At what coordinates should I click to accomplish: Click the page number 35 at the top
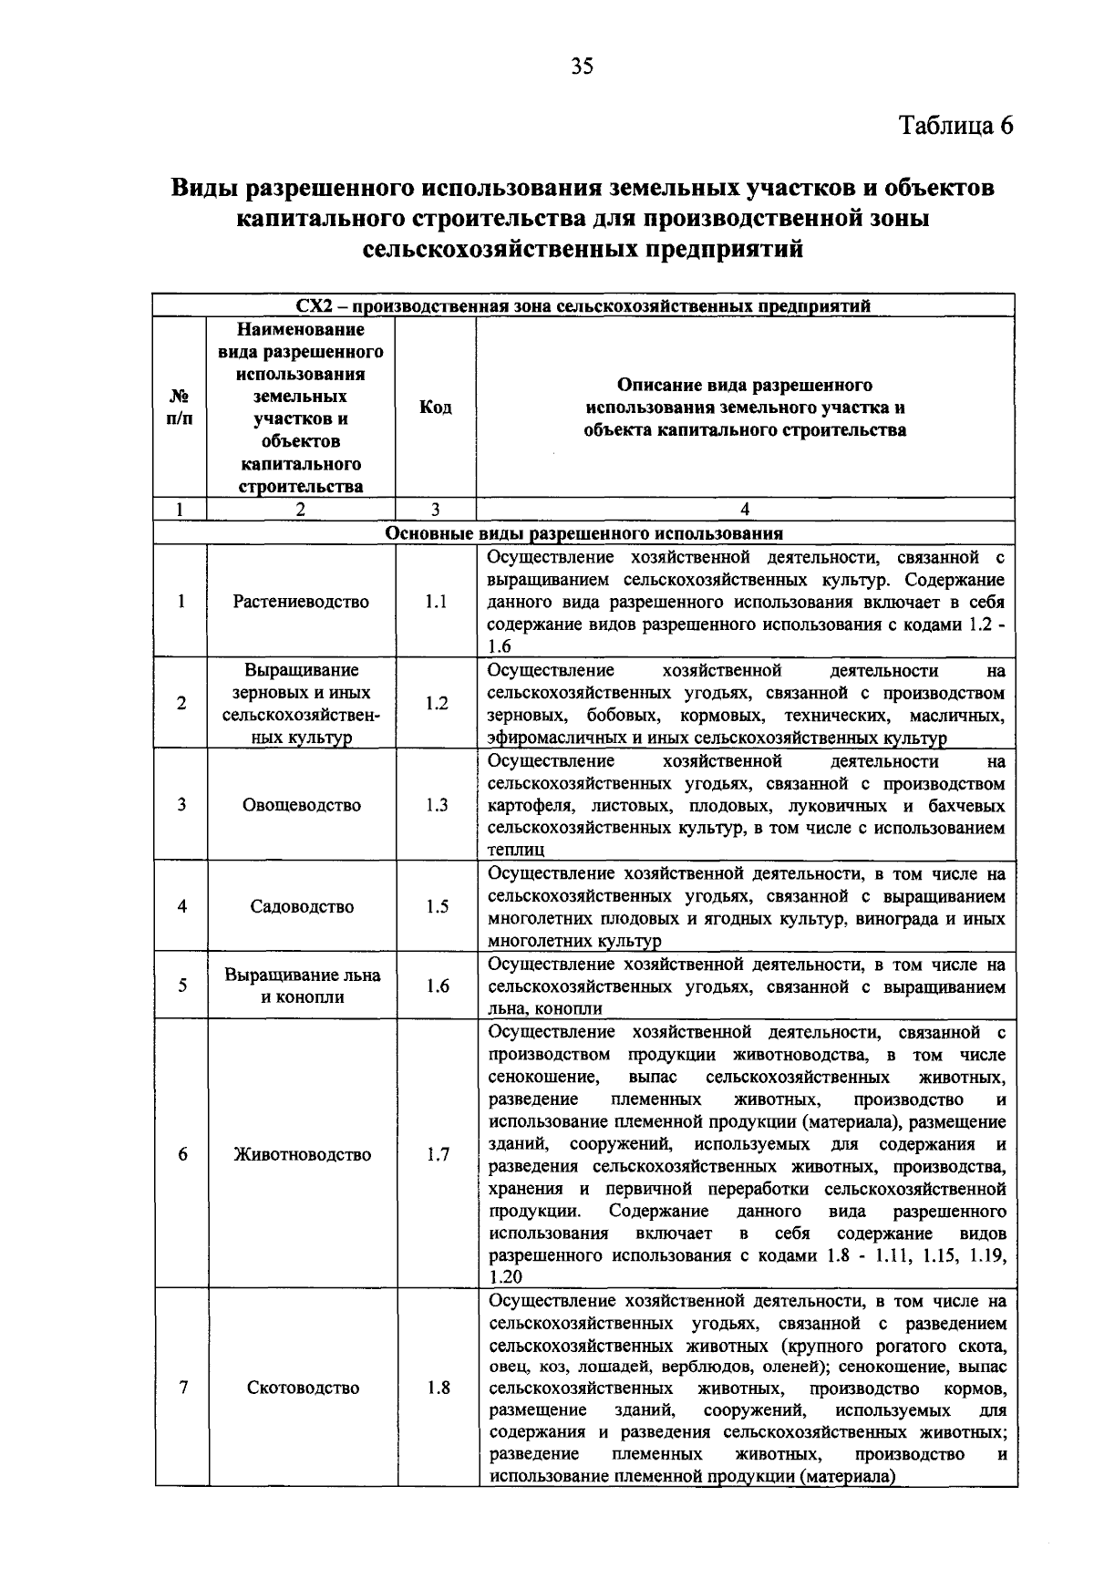[582, 66]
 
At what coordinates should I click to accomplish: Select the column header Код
[436, 408]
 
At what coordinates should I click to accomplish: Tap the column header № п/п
[181, 408]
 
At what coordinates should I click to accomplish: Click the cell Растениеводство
[302, 602]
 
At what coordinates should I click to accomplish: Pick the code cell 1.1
[436, 602]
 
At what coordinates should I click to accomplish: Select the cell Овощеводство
[302, 805]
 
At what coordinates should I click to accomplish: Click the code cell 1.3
[437, 805]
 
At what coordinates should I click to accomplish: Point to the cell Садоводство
[302, 906]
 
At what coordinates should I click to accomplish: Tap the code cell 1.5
[437, 906]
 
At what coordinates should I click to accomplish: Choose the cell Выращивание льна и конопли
[302, 986]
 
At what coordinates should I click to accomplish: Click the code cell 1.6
[438, 986]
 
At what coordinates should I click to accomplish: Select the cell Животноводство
[303, 1154]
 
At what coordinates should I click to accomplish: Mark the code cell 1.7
[439, 1154]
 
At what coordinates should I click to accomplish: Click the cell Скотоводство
[303, 1388]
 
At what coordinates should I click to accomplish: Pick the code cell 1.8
[439, 1388]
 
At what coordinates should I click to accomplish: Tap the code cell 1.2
[437, 703]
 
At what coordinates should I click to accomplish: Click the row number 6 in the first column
[183, 1154]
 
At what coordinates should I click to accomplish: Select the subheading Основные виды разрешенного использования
[584, 533]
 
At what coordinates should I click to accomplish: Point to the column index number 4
[745, 510]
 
